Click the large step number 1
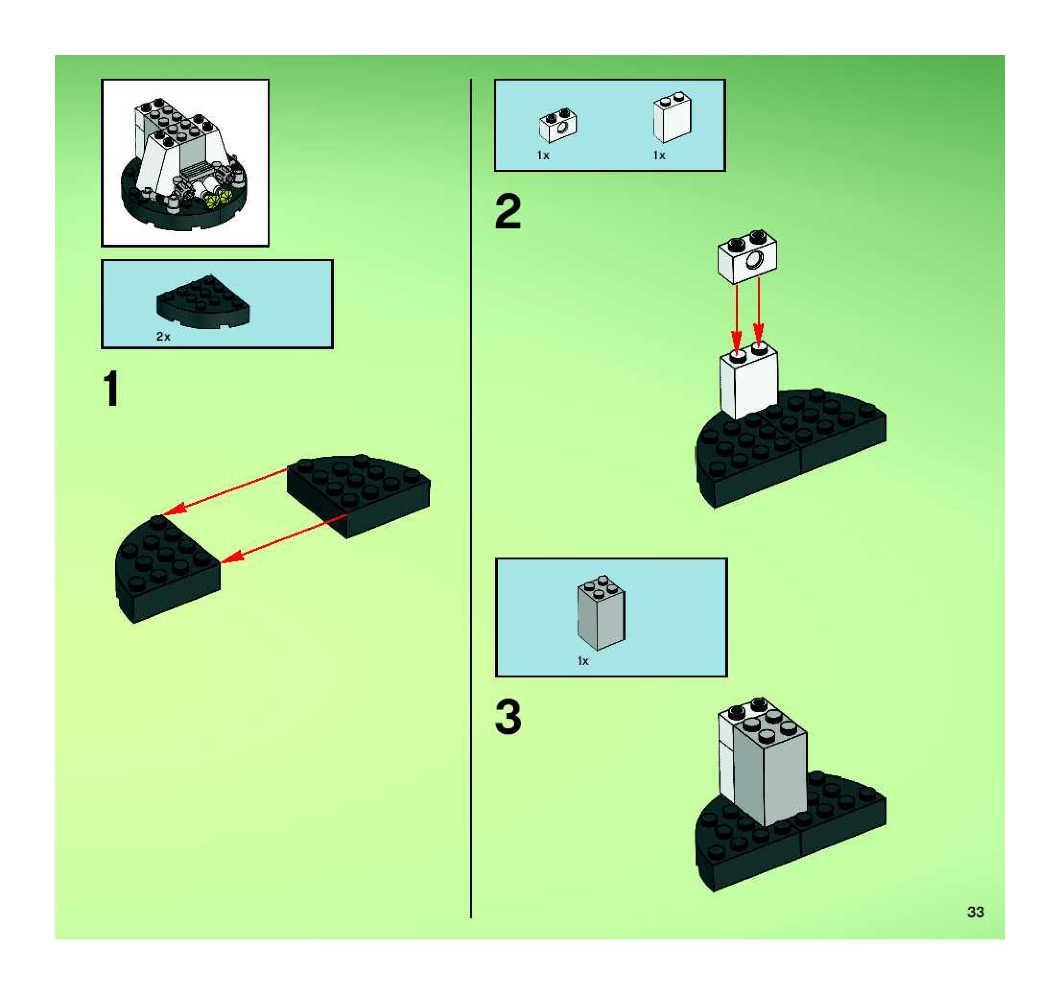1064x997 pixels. tap(111, 389)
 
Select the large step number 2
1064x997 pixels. tap(508, 212)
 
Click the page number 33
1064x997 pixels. tap(975, 912)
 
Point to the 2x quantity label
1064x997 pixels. tap(163, 337)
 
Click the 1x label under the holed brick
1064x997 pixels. tap(543, 155)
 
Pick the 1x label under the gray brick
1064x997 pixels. tap(583, 662)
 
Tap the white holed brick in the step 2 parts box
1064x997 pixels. tap(558, 126)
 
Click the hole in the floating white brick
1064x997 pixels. tap(755, 261)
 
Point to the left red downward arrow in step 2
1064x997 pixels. tap(737, 319)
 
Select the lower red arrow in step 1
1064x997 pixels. tap(284, 538)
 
